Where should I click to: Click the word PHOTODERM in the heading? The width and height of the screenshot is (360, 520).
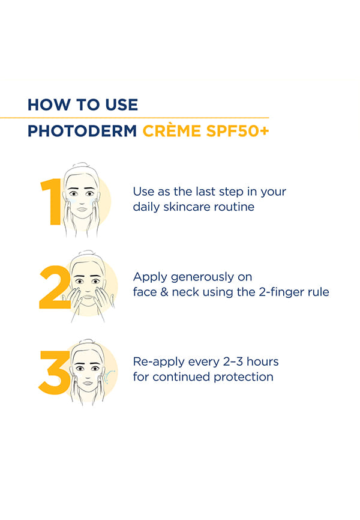coord(82,131)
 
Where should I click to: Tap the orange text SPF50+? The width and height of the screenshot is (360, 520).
coord(238,131)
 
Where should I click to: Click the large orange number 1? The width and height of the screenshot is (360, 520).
coord(51,202)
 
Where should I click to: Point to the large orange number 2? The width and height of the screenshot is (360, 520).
coord(55,287)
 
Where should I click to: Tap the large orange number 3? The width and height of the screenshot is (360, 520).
coord(55,372)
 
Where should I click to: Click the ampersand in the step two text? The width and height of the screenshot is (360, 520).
coord(164,292)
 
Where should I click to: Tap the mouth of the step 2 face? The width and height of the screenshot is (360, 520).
coord(88,297)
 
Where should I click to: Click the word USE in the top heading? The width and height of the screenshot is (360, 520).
coord(122,105)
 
